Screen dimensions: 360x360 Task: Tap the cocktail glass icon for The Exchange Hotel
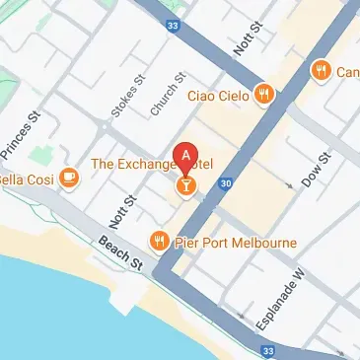pyautogui.click(x=184, y=184)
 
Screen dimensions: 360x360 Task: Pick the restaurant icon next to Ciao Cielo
pyautogui.click(x=263, y=95)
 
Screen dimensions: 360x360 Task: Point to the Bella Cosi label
pyautogui.click(x=25, y=178)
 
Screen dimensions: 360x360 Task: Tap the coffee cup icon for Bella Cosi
pyautogui.click(x=68, y=178)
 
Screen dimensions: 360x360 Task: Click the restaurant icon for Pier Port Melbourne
pyautogui.click(x=158, y=241)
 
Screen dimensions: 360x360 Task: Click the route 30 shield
pyautogui.click(x=226, y=182)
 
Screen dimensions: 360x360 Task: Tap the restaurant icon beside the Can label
pyautogui.click(x=321, y=71)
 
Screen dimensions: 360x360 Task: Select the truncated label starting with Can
pyautogui.click(x=348, y=71)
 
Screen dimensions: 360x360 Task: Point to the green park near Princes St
pyautogui.click(x=42, y=155)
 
